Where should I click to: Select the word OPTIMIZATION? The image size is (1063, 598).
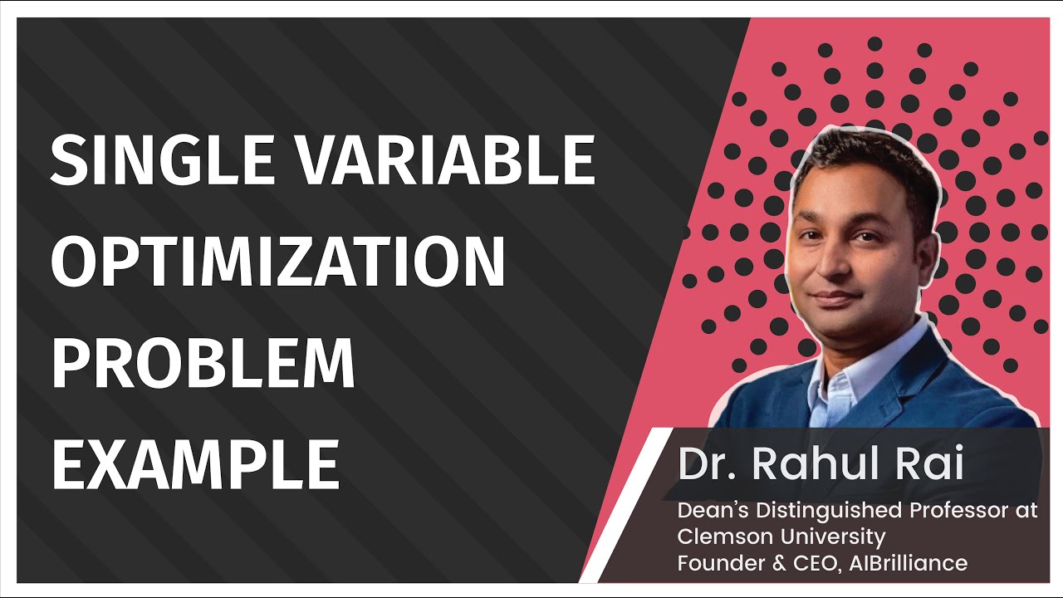278,262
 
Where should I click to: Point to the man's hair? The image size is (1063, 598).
864,154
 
